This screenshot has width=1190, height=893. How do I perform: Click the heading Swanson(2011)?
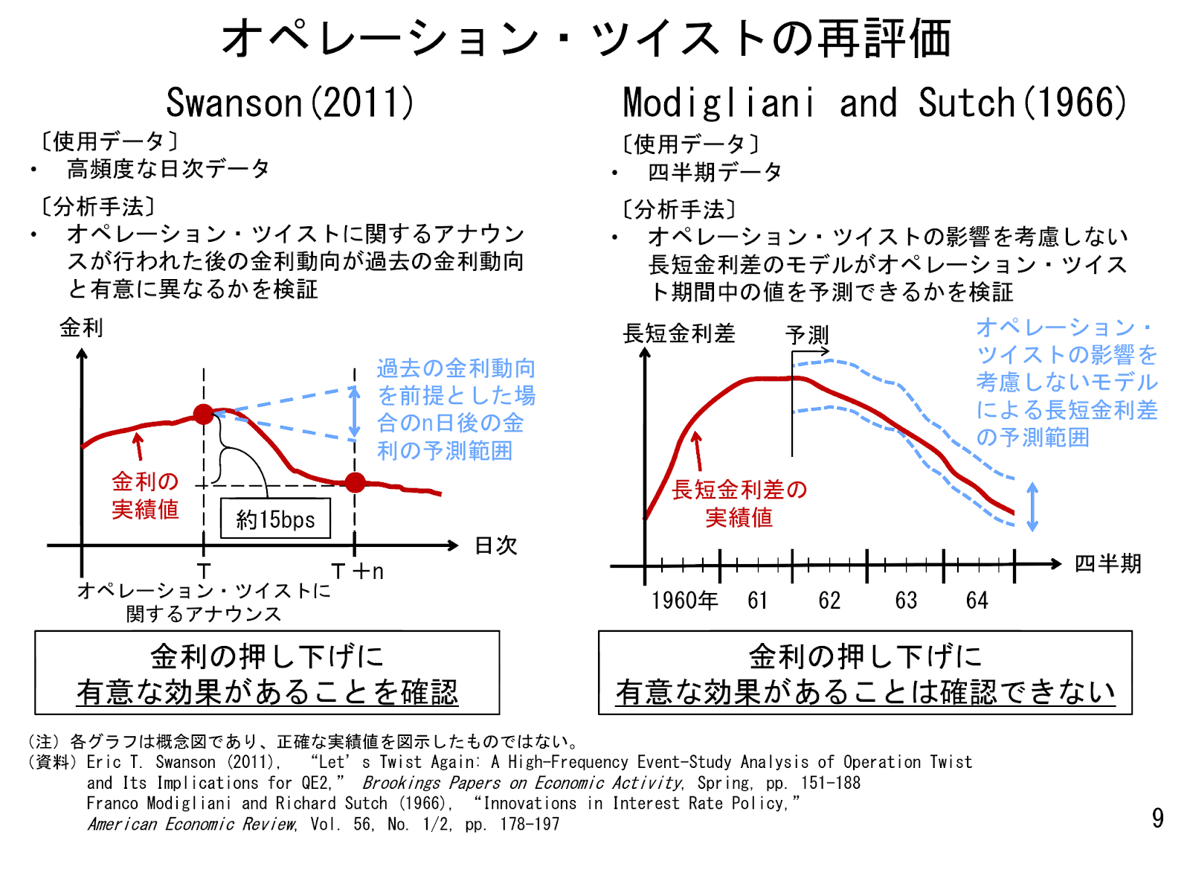point(289,103)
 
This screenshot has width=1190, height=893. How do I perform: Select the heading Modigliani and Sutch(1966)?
point(875,103)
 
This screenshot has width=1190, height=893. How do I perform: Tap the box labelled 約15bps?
point(275,519)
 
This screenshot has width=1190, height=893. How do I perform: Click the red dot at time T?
point(204,415)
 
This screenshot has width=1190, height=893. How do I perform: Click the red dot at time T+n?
point(356,483)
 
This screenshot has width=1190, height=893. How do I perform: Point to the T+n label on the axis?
point(358,572)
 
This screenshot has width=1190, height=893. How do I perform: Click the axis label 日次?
point(495,545)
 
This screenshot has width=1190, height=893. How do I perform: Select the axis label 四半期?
point(1107,563)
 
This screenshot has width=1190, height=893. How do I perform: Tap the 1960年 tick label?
point(684,601)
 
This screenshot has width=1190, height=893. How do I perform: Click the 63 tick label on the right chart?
point(906,601)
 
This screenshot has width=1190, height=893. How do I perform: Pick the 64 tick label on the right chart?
point(977,601)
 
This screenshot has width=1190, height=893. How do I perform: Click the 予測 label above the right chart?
point(807,335)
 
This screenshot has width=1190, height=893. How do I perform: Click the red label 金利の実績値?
point(145,496)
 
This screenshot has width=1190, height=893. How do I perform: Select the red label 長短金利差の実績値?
point(739,504)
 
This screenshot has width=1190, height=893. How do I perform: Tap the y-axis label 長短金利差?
point(678,333)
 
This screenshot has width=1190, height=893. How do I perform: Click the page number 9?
point(1157,819)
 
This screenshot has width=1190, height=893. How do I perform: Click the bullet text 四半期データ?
point(715,173)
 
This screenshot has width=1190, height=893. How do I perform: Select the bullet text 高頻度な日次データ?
point(168,170)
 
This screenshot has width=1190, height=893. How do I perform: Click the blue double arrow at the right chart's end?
point(1032,507)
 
